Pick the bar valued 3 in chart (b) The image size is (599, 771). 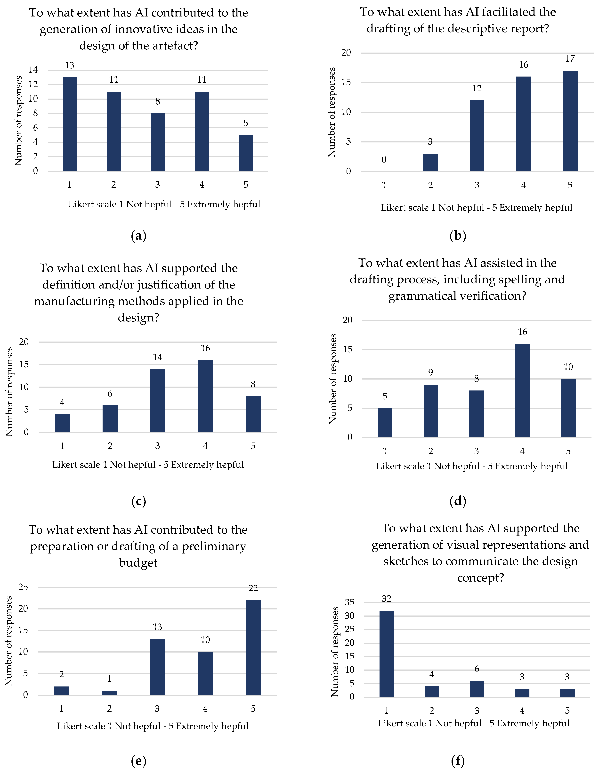430,162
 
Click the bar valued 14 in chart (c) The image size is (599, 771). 158,400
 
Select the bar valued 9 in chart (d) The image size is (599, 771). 430,411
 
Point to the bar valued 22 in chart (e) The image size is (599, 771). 253,647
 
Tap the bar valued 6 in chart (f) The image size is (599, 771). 477,689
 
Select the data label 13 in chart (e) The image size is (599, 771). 157,627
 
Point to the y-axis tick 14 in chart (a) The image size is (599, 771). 33,70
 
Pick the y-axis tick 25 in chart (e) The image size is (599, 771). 23,587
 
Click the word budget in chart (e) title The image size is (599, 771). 138,563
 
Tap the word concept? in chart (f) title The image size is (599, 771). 480,578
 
